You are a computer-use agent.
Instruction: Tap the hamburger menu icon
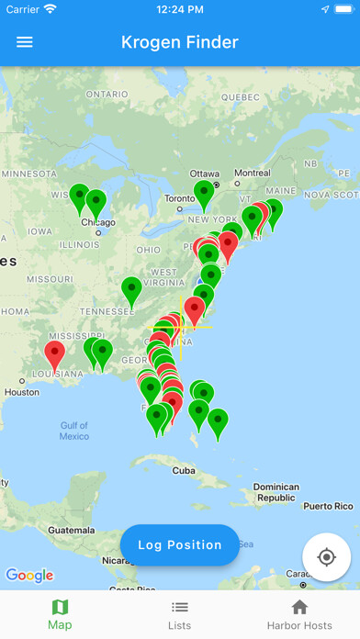(x=25, y=42)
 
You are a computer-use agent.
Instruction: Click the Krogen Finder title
(x=180, y=42)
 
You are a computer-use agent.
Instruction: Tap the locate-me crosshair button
(x=326, y=557)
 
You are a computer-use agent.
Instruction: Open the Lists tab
(x=180, y=614)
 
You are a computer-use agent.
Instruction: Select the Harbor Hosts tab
(x=299, y=614)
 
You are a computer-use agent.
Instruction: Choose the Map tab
(x=60, y=614)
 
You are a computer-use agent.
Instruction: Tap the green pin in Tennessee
(x=132, y=290)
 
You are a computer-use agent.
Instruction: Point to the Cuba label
(x=184, y=470)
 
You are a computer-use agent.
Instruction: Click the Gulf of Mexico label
(x=74, y=431)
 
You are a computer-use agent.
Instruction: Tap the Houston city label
(x=22, y=392)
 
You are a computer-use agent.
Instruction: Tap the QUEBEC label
(x=242, y=95)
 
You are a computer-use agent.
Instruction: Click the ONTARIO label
(x=107, y=95)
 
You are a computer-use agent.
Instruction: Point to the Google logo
(x=29, y=576)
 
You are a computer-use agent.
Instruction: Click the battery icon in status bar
(x=339, y=9)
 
